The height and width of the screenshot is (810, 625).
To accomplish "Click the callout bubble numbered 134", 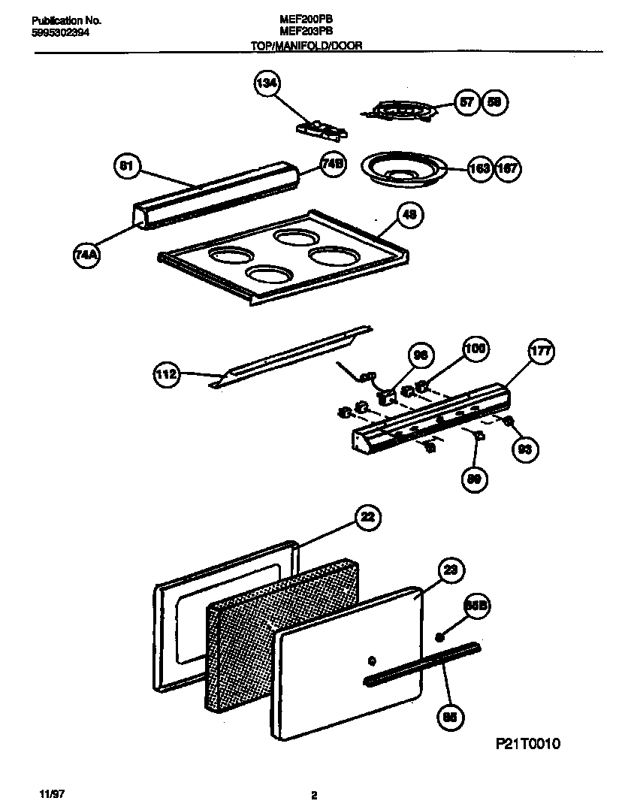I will (265, 85).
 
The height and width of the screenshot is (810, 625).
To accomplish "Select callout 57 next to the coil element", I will (468, 104).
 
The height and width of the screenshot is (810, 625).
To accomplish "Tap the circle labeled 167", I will (507, 168).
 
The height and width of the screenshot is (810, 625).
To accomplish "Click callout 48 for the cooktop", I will (409, 216).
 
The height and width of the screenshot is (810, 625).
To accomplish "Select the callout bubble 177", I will (540, 351).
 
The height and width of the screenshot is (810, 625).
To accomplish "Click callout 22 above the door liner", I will (366, 517).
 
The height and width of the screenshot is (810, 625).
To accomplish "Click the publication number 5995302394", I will (65, 32).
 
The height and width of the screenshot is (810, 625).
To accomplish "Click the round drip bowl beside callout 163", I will (404, 168).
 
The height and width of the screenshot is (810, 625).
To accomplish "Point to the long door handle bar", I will (422, 664).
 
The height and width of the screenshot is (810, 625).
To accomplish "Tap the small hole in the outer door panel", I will (370, 661).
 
